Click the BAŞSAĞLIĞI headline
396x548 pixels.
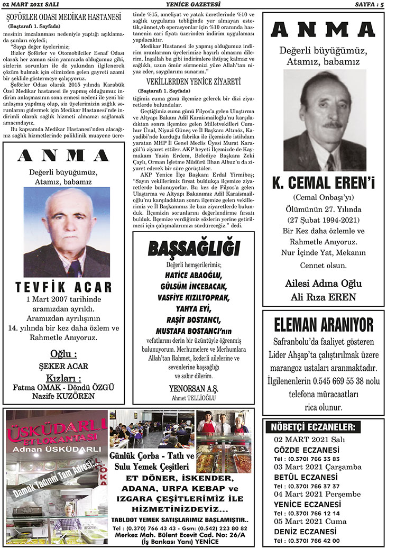[194, 248]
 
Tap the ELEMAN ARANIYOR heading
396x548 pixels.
[324, 324]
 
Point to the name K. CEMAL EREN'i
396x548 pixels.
[323, 184]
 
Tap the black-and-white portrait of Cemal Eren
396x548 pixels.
[325, 121]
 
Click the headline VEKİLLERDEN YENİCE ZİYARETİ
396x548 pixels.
[194, 82]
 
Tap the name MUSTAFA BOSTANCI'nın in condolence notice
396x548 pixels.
[194, 331]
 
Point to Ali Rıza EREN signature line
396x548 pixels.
[323, 297]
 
